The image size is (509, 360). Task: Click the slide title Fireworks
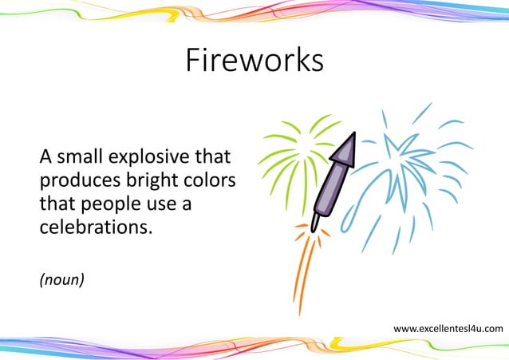[254, 61]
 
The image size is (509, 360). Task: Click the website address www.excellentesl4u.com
[448, 329]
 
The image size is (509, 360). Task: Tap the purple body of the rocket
[333, 181]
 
